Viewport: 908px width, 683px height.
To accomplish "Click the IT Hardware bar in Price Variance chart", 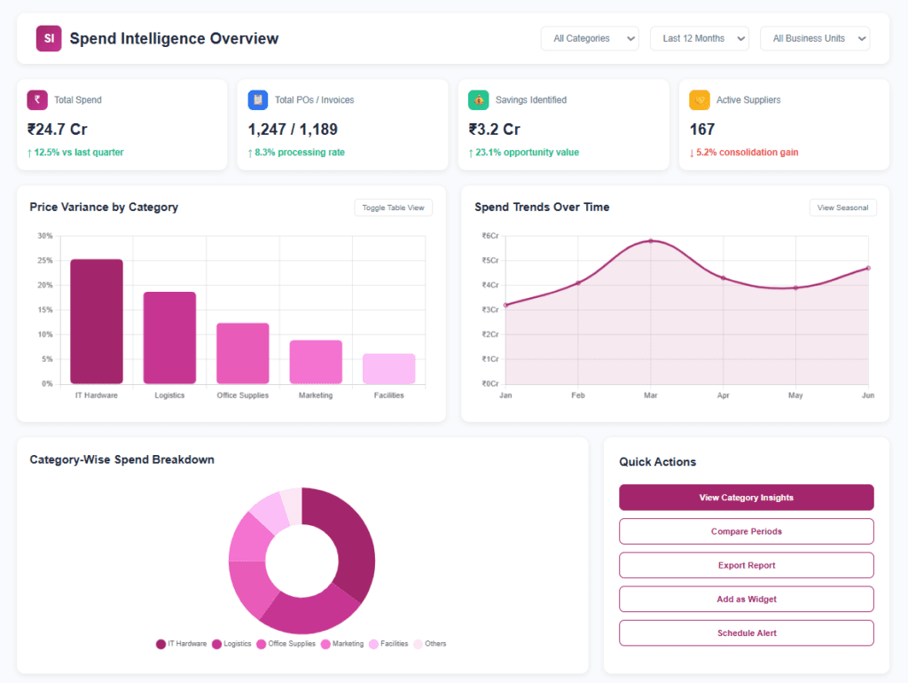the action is coord(97,321).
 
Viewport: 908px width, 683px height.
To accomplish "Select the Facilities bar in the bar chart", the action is coord(388,368).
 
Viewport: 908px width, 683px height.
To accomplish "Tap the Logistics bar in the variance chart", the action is coord(169,338).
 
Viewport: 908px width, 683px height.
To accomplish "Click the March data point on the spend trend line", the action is coord(651,241).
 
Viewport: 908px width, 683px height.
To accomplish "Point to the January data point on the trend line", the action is coord(505,305).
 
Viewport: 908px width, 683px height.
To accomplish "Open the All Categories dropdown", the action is coord(590,38).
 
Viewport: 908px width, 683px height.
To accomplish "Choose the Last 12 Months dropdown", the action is coord(699,38).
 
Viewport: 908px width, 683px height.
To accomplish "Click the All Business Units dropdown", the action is coord(815,38).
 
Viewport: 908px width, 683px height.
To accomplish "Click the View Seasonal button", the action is coord(842,208).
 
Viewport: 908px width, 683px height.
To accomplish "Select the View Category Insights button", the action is coord(746,498).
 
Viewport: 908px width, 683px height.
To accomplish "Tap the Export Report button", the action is coord(746,565).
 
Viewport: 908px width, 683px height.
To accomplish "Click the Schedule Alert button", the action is coord(746,633).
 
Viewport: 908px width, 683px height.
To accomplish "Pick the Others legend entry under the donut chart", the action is coord(430,644).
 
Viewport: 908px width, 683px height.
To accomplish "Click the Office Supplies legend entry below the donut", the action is coord(286,644).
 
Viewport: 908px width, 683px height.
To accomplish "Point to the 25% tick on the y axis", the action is coord(45,261).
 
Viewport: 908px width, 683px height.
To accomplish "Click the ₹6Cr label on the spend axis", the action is coord(489,236).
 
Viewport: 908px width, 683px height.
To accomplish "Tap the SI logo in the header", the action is coord(49,38).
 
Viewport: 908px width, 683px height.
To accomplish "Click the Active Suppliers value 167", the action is coord(702,130).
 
